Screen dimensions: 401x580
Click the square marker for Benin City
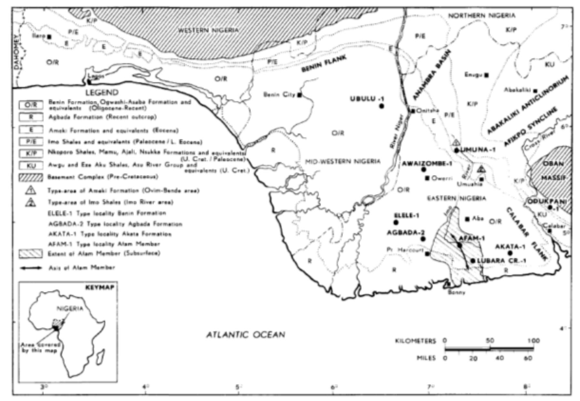point(300,95)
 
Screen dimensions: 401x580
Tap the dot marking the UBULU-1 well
point(382,106)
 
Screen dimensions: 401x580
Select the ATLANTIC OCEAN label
point(246,334)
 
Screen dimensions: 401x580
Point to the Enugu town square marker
point(487,75)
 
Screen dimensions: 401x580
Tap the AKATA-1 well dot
point(510,253)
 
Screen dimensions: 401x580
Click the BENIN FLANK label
point(324,63)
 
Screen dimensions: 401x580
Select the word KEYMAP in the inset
point(103,287)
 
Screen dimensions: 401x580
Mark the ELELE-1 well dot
point(396,222)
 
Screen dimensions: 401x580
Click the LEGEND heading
point(102,93)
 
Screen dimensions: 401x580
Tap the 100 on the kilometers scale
point(534,341)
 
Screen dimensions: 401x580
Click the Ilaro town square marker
point(49,37)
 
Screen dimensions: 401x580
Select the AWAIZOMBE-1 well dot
point(424,170)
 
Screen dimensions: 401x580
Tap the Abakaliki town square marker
point(535,91)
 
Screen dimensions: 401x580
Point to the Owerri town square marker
point(427,178)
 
